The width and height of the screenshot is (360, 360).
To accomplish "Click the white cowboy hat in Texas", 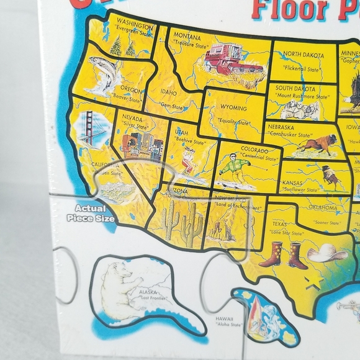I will point(326,251).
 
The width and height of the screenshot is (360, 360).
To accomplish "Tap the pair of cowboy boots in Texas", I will point(283,254).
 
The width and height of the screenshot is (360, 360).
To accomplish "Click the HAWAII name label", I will point(225,318).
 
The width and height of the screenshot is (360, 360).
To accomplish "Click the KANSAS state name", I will point(292,184).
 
